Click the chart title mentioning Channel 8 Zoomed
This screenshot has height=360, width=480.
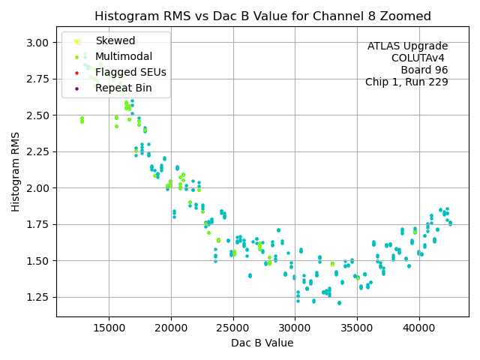(262, 16)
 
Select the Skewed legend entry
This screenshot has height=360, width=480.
(115, 40)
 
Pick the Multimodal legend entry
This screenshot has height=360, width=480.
(123, 56)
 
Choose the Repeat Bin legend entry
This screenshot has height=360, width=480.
(123, 88)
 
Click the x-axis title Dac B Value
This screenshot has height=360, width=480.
(262, 343)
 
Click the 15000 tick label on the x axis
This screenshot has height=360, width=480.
(109, 328)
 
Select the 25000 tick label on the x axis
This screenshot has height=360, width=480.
(233, 328)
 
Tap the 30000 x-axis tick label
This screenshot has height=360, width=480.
(295, 328)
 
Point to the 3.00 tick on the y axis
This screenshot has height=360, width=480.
(37, 43)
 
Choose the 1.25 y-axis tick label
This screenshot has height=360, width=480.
(37, 297)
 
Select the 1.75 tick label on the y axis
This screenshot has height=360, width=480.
(37, 224)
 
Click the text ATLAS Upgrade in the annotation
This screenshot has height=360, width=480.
(407, 46)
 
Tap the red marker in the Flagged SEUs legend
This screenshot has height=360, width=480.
(77, 73)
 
